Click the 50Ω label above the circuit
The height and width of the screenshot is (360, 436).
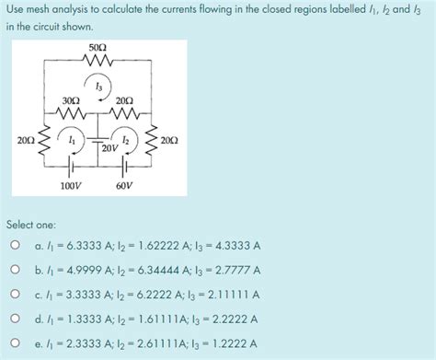[98, 46]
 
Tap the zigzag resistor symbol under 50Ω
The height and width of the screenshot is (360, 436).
[98, 61]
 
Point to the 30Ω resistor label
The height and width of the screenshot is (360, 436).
[68, 100]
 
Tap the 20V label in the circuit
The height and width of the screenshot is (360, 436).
[109, 147]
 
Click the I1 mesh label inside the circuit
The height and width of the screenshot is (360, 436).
[71, 140]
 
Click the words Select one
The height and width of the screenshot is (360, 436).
[31, 224]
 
